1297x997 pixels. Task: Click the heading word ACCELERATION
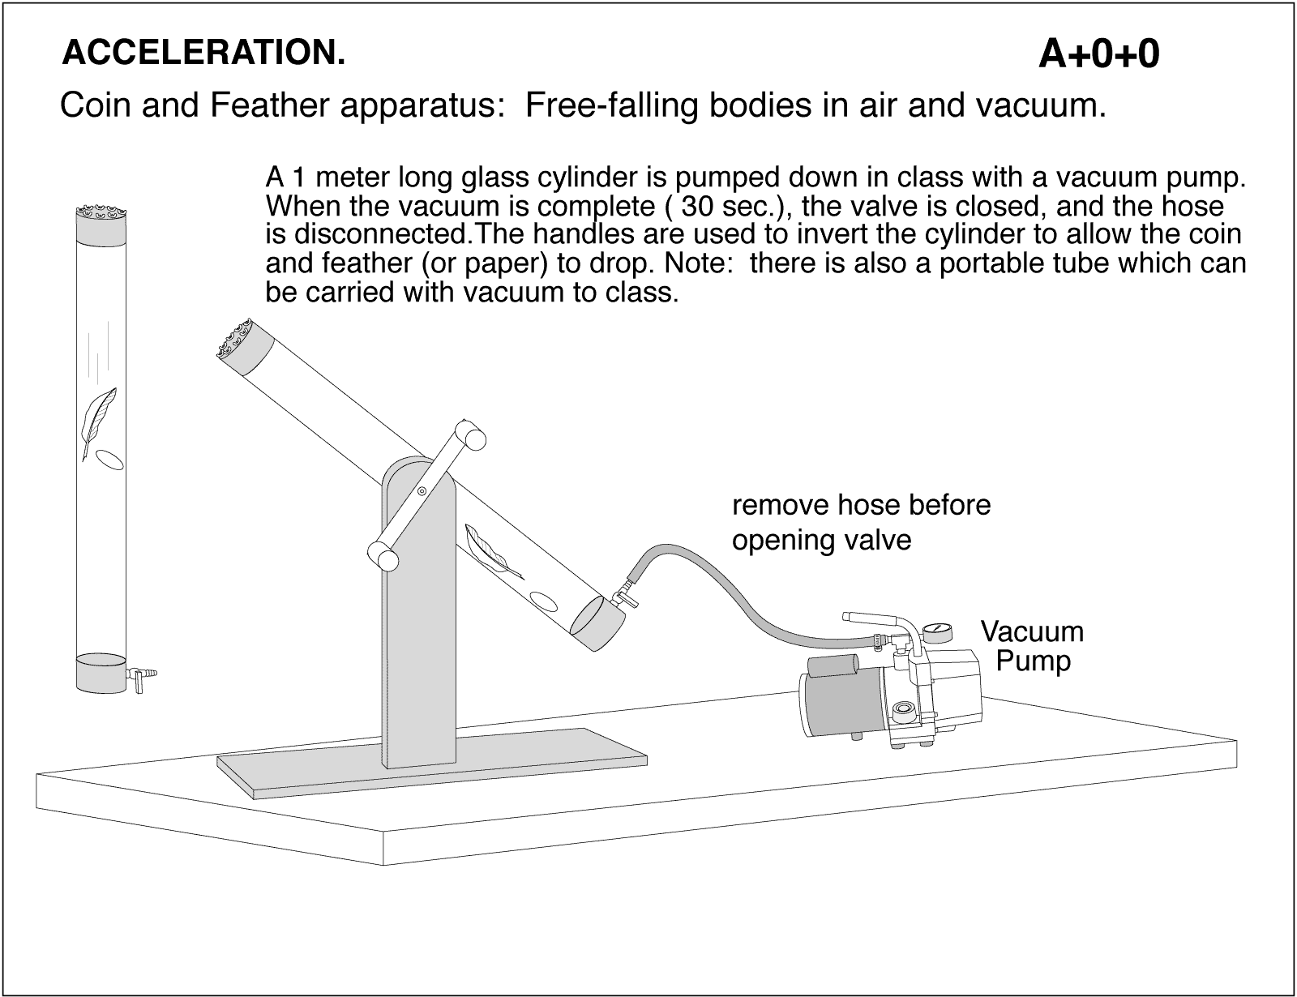(203, 53)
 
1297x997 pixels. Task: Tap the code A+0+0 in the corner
(1098, 54)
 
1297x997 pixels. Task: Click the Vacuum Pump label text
(1032, 646)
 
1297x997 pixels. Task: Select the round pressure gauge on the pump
(940, 632)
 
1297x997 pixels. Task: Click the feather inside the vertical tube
(98, 421)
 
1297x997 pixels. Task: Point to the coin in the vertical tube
(110, 460)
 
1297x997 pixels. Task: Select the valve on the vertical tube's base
(141, 673)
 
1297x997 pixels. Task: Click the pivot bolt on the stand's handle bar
(422, 491)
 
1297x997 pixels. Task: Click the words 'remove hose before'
(861, 505)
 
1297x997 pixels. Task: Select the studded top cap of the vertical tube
(101, 224)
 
